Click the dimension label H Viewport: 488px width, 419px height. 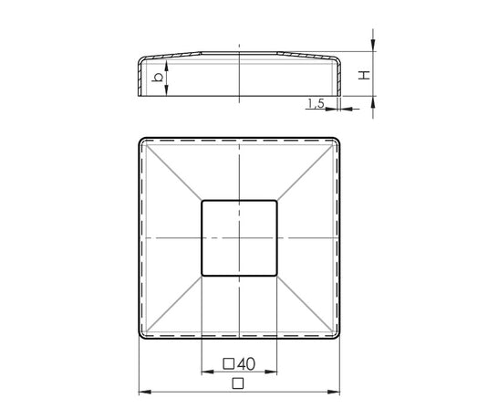[x=364, y=75]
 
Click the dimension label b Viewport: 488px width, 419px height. [x=158, y=78]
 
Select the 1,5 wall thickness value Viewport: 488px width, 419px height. [x=317, y=103]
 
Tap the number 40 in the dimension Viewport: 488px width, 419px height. [x=246, y=364]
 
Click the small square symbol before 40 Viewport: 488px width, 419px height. [x=229, y=364]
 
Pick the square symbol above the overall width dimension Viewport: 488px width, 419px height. [x=238, y=383]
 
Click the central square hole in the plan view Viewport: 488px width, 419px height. [x=239, y=238]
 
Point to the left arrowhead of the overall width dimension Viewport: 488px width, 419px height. [x=145, y=392]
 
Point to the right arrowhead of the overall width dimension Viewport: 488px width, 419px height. [x=333, y=392]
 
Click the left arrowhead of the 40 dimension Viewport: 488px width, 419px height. [x=208, y=372]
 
